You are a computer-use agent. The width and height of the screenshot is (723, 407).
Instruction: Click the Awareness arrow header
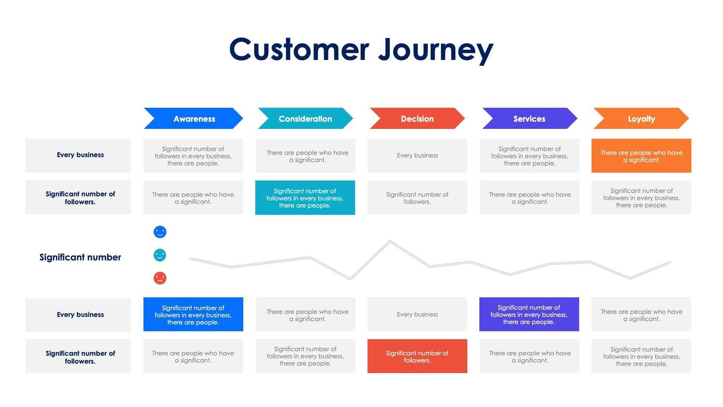194,118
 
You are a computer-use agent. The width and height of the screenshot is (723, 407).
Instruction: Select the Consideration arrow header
305,118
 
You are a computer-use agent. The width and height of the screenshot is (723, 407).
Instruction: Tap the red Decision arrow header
417,118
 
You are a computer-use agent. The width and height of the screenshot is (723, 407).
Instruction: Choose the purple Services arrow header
529,118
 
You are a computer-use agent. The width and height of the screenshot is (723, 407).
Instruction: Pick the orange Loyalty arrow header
641,118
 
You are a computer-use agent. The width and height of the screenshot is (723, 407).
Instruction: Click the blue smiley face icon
160,232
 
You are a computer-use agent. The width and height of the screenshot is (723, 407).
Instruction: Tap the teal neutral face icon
160,255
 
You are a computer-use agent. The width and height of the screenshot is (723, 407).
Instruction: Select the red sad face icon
160,278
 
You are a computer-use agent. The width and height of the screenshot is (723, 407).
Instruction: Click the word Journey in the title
435,50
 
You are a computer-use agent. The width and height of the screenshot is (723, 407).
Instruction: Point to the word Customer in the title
299,50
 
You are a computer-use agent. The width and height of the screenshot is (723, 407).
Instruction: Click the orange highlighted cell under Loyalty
641,156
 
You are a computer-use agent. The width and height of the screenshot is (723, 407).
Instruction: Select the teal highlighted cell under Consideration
305,198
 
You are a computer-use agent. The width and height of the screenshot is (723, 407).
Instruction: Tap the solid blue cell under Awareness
193,314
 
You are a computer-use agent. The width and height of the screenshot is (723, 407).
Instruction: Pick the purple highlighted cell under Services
529,314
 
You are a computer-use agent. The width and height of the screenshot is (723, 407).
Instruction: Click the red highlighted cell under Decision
417,356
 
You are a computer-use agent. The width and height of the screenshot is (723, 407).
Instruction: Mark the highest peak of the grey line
390,241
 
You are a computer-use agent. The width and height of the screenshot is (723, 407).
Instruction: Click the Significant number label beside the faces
80,257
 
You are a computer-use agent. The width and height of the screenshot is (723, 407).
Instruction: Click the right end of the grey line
670,263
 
